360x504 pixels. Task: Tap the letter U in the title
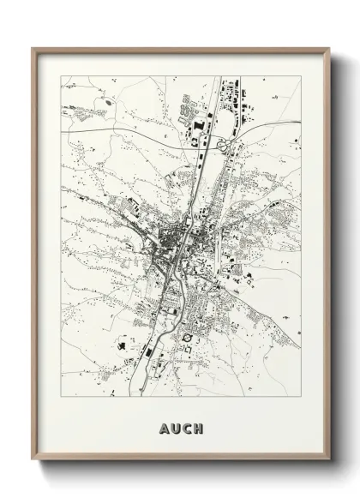[x=174, y=428]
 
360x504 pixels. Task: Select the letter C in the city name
[x=187, y=428]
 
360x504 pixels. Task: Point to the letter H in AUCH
[x=200, y=428]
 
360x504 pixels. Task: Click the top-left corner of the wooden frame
[x=33, y=48]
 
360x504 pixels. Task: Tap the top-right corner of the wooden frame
[x=328, y=48]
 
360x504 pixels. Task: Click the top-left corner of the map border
[x=61, y=76]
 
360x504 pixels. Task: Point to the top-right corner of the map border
[x=301, y=76]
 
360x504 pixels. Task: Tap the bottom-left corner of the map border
[x=61, y=399]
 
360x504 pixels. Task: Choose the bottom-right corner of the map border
[x=301, y=399]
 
